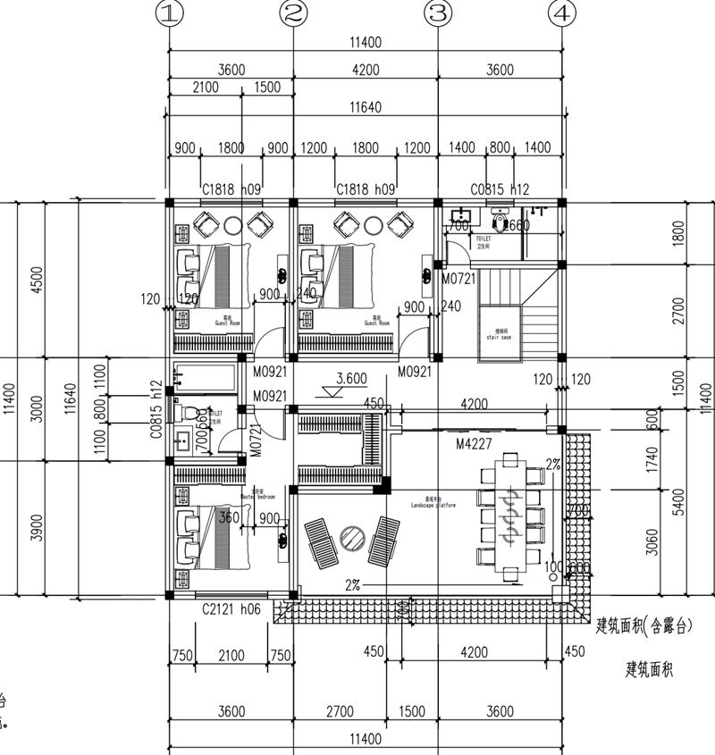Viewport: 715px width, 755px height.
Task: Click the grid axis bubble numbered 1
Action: click(x=168, y=13)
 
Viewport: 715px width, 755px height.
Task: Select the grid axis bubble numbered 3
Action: click(x=438, y=13)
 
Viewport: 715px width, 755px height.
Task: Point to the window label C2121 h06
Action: click(x=231, y=609)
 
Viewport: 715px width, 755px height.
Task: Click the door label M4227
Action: click(x=475, y=444)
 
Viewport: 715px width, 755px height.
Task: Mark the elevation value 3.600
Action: click(x=352, y=378)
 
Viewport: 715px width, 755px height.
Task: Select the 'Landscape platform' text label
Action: click(x=433, y=504)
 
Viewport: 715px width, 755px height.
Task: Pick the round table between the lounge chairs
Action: click(x=349, y=539)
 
